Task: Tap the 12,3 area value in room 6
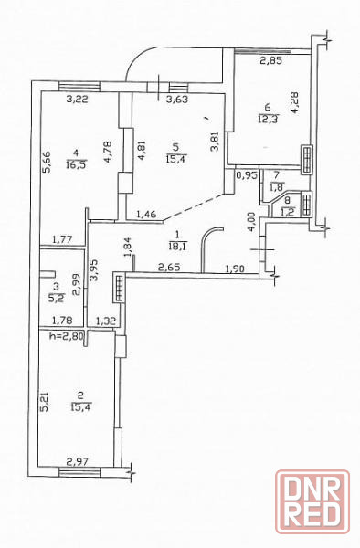tap(268, 119)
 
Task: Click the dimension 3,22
tap(77, 100)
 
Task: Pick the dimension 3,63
tap(177, 100)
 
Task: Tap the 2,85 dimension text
tap(271, 61)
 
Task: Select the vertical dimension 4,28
tap(294, 102)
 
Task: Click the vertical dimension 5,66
tap(48, 162)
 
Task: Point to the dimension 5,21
tap(45, 402)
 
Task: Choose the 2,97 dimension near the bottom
tap(78, 462)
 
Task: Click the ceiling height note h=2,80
tap(67, 336)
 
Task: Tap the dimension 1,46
tap(146, 214)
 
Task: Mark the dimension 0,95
tap(247, 175)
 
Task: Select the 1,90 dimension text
tap(235, 269)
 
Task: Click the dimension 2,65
tap(169, 268)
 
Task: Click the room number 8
tap(287, 201)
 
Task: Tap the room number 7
tap(277, 174)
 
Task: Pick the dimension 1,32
tap(106, 321)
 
